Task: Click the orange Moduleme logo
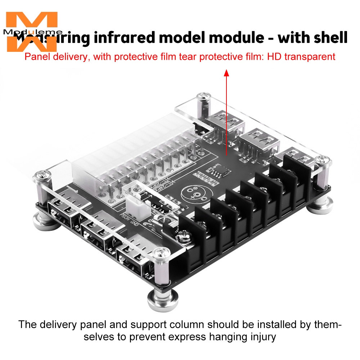point(32,32)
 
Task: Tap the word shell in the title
point(326,38)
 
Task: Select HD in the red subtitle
point(272,57)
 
